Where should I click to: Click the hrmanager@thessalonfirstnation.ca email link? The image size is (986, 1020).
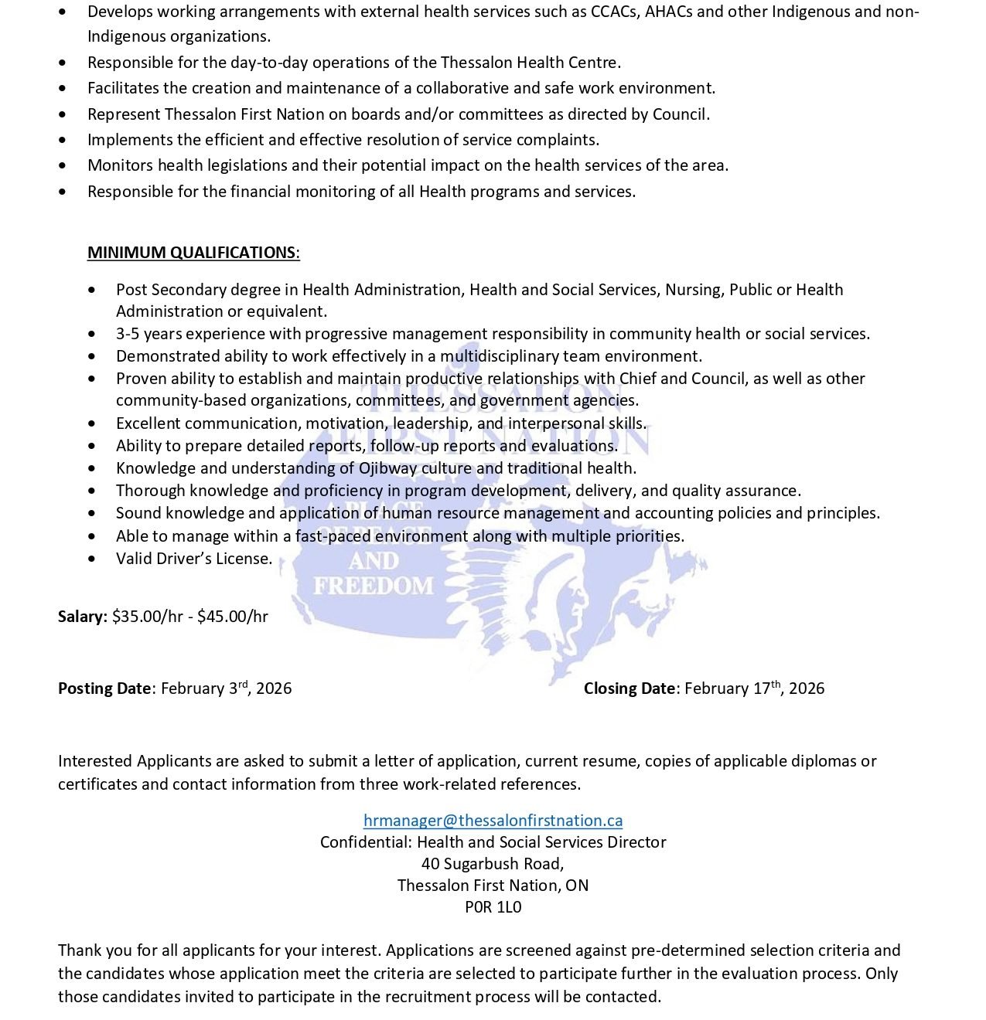493,821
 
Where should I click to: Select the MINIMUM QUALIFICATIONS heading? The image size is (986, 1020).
193,253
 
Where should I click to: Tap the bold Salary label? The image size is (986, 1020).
82,617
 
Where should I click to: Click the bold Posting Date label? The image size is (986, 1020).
104,688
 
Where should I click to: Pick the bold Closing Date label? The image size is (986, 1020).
629,688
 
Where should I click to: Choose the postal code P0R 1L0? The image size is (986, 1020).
493,907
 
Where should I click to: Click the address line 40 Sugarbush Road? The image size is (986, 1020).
493,864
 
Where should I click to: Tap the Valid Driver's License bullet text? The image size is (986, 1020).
194,559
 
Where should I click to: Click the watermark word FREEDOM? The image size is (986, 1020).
374,586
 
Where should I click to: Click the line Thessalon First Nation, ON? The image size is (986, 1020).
493,886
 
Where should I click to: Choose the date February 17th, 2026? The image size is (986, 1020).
754,688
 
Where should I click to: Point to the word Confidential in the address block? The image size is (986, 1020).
366,842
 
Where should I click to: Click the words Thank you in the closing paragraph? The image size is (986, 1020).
90,950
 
